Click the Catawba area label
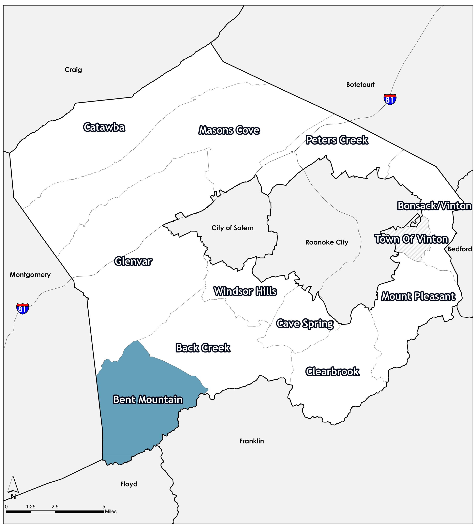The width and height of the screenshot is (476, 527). coord(104,127)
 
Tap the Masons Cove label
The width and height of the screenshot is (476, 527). coord(229,130)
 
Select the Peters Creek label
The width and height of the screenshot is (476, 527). coord(337,140)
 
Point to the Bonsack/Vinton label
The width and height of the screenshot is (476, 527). coord(434,206)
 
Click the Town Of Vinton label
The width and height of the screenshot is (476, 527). coord(412,239)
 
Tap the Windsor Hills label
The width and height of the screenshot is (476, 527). coord(245,291)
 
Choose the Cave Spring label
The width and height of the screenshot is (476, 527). coord(305,324)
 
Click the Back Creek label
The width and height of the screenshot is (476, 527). coord(203,348)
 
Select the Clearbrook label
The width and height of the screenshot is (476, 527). coord(332,372)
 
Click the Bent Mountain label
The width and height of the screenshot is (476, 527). coord(148,400)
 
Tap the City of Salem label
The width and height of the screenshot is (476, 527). coord(232,228)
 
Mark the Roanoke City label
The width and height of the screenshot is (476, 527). coord(327,242)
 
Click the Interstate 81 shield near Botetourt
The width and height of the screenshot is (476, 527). coord(390,99)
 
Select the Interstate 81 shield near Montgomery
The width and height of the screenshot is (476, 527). coord(23,309)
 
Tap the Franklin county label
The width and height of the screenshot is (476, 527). coord(251,441)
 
